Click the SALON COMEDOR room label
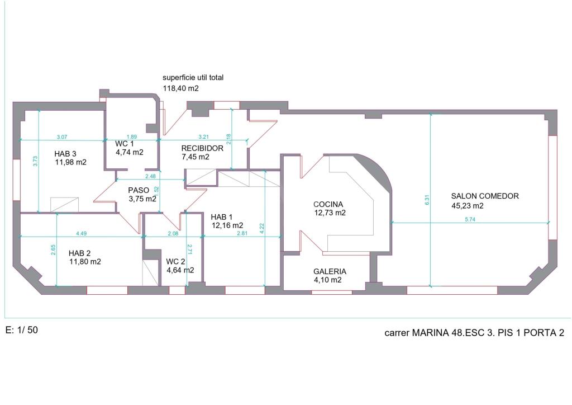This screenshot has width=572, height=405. [485, 196]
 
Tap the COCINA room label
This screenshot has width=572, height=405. [328, 204]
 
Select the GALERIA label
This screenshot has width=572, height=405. [329, 271]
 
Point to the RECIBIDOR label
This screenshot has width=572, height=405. [202, 148]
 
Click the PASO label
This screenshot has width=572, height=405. [138, 190]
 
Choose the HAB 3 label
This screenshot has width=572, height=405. [65, 154]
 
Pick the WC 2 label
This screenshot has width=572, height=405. [176, 261]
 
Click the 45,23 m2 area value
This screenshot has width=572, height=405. [467, 205]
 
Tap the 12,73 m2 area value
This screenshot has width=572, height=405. [330, 213]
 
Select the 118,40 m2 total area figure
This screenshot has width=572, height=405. [181, 88]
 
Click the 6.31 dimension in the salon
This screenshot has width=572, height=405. [427, 200]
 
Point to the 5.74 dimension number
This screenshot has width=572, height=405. [470, 220]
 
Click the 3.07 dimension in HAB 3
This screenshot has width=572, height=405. [62, 136]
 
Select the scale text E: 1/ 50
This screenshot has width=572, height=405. [22, 330]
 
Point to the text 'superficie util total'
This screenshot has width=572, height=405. [193, 78]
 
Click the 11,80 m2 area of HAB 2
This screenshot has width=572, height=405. [85, 261]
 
